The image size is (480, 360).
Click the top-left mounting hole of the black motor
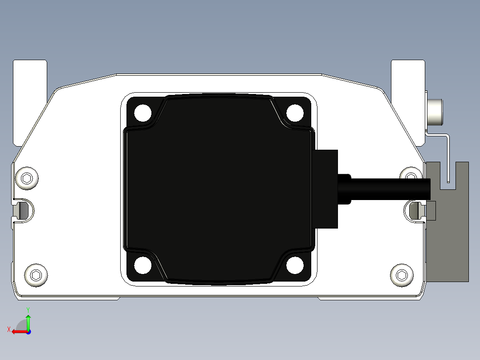[143, 112]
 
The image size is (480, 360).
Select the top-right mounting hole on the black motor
[295, 112]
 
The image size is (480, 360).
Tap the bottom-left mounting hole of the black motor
[143, 266]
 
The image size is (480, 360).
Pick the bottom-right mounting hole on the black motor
[295, 266]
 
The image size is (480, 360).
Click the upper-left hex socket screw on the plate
[27, 179]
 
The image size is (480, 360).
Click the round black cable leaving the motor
[387, 189]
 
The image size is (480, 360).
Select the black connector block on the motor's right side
[326, 189]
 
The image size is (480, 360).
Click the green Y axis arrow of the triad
[28, 321]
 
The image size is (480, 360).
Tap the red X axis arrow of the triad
[18, 331]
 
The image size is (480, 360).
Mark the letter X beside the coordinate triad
[9, 329]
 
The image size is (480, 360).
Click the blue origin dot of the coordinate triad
[28, 331]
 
